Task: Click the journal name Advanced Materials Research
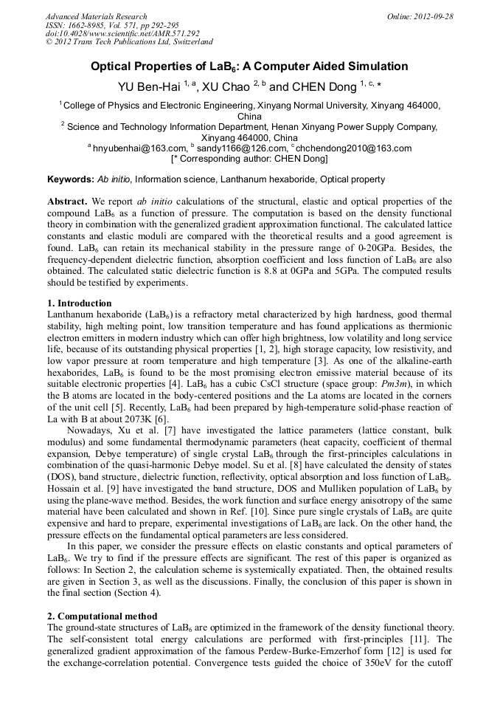pos(96,16)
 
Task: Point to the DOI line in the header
pos(122,33)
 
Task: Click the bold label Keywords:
pos(71,179)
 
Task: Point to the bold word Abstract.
pos(68,202)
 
